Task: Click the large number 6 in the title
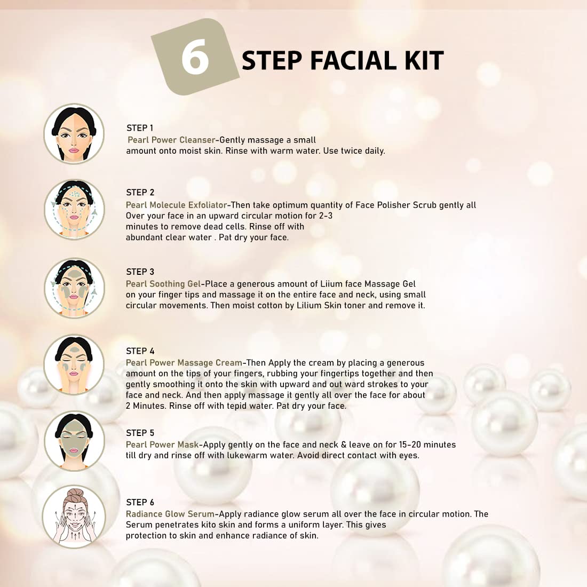195,57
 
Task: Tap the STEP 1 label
140,128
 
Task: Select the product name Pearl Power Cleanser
171,140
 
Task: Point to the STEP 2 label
140,193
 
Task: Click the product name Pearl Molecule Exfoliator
176,205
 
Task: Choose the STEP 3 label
140,272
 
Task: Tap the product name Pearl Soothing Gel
163,284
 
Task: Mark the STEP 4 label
140,351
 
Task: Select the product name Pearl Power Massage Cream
184,363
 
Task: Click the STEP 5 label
140,433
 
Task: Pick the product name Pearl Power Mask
162,445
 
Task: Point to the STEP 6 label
140,502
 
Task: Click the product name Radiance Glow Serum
170,514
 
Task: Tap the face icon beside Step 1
74,133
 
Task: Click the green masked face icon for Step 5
74,441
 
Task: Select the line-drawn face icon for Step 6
74,517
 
